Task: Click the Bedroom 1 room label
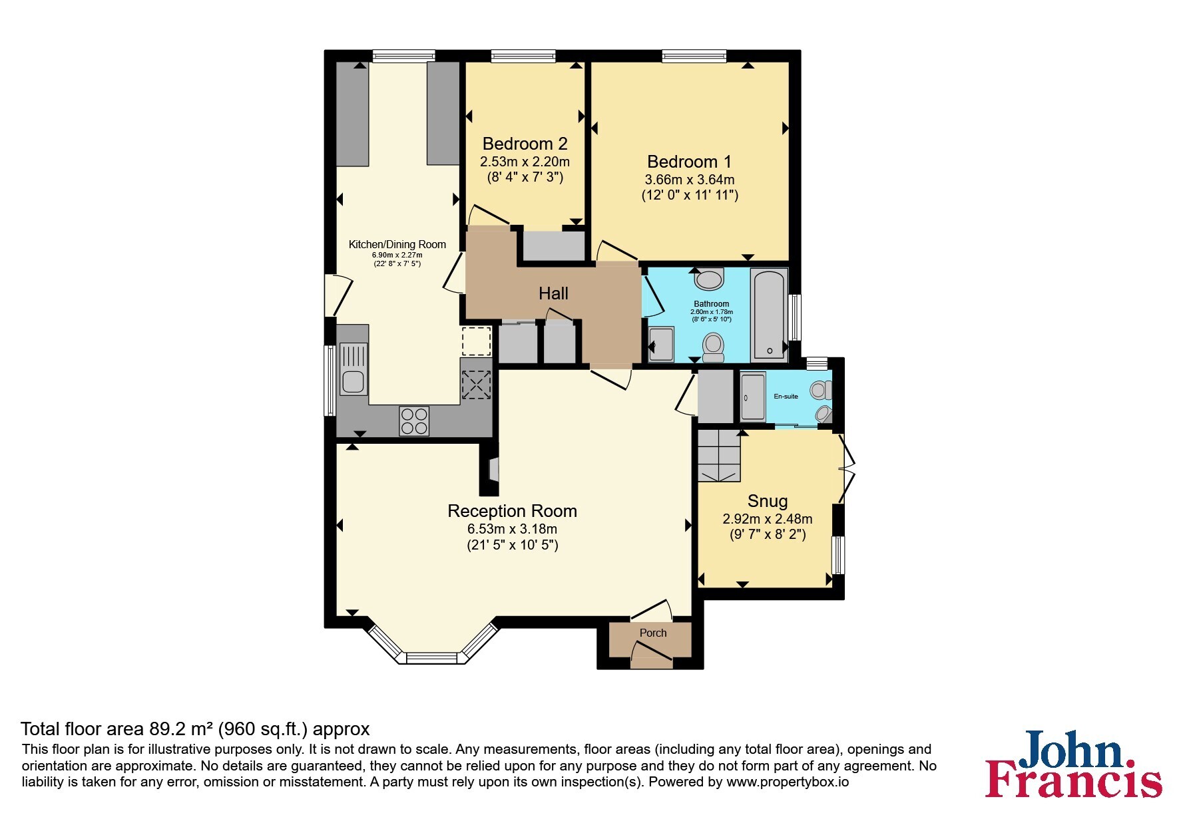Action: [x=689, y=162]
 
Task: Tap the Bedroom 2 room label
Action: [x=525, y=144]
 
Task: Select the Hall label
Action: [x=553, y=293]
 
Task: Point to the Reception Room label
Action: [x=512, y=511]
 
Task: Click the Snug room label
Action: [x=768, y=501]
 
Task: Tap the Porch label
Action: [x=653, y=633]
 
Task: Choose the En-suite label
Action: [x=786, y=397]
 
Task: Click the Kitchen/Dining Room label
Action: [x=397, y=244]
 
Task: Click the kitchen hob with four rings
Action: [x=414, y=420]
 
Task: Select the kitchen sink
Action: [x=354, y=369]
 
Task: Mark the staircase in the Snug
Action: [x=719, y=456]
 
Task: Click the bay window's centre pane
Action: [x=433, y=658]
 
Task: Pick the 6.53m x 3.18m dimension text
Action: [x=512, y=530]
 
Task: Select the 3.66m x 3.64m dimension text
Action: [x=690, y=180]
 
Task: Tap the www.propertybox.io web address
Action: [x=788, y=782]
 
